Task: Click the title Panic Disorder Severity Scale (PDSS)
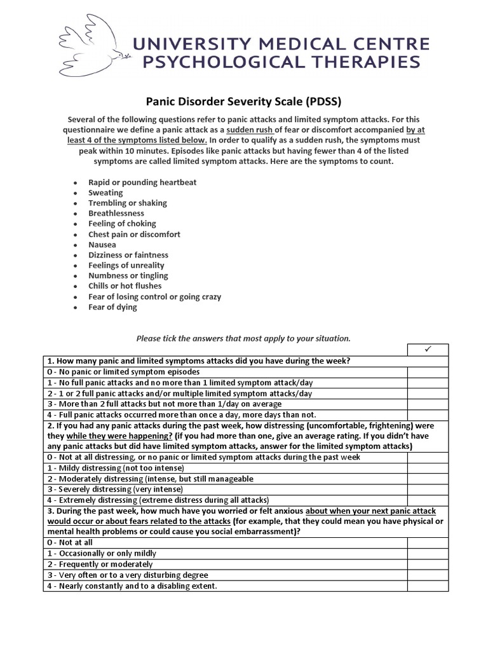point(244,100)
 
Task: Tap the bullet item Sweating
point(105,193)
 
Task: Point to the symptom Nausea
point(102,244)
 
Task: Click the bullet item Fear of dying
point(112,307)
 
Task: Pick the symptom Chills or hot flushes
point(125,286)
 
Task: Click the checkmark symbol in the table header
point(428,350)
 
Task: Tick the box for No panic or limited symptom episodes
point(428,372)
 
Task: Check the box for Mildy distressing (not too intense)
point(428,468)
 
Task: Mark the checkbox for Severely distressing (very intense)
point(428,490)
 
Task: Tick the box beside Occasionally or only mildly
point(428,554)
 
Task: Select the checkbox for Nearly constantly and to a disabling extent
point(428,586)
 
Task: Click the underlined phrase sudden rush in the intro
point(252,130)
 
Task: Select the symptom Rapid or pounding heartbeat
point(142,182)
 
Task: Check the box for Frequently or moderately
point(428,565)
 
